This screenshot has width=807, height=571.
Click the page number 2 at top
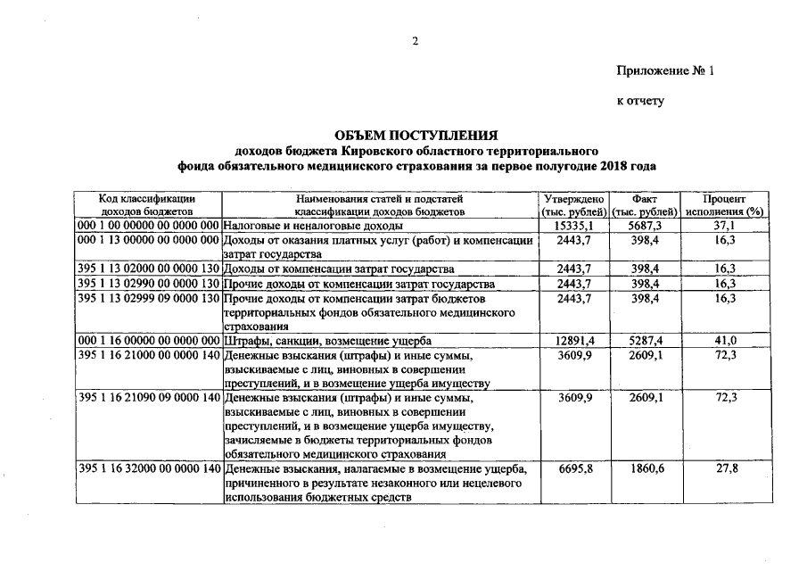pos(415,40)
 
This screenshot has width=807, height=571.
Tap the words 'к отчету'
pos(641,102)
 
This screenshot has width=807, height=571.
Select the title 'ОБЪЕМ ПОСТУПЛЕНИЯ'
pos(416,135)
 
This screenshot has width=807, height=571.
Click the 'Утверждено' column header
pos(573,198)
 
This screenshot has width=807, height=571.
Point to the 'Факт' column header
pos(645,198)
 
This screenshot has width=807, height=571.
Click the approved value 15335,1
pos(574,227)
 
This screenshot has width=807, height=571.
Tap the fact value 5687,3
pos(645,227)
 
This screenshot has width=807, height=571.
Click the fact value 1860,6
pos(645,469)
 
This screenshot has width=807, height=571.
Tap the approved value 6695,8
pos(574,469)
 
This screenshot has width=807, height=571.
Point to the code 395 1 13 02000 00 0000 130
pos(148,269)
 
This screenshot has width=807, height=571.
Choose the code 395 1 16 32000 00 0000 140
pos(148,469)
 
